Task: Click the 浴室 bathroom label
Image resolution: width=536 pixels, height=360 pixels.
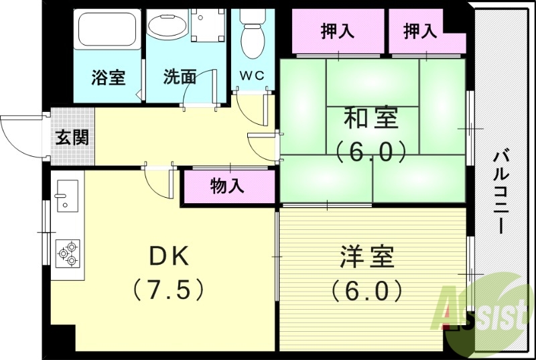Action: pos(109,78)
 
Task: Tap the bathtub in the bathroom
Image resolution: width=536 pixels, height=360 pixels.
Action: pos(107,28)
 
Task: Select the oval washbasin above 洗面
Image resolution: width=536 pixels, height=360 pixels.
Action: pos(165,26)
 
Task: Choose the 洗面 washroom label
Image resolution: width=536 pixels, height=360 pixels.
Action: pos(180,78)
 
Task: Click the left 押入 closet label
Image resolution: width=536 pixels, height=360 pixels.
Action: pos(337,31)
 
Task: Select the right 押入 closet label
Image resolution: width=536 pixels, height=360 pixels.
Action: pos(421,31)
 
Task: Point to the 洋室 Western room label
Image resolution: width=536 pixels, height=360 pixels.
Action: pos(366,257)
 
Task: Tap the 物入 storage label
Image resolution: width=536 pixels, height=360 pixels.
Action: pos(228,187)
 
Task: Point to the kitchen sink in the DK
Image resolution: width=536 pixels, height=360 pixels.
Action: pos(68,198)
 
